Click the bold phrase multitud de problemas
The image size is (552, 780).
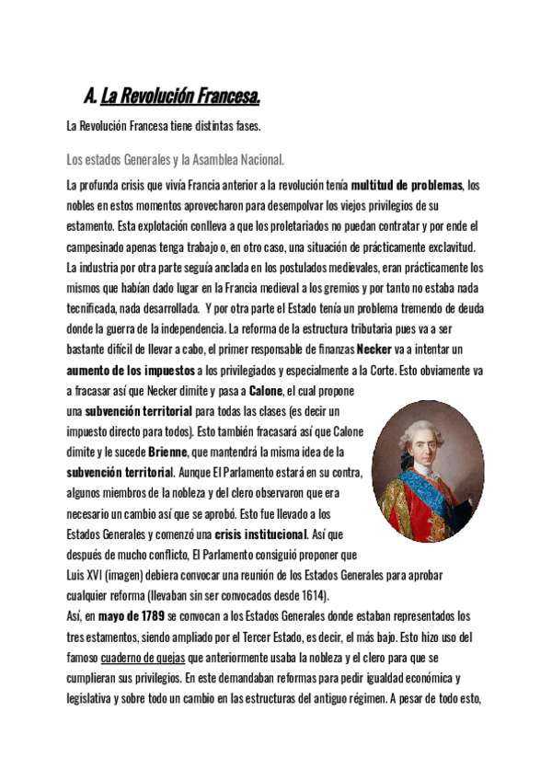[408, 185]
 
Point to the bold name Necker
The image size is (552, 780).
[374, 350]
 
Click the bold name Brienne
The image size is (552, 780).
[166, 452]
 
